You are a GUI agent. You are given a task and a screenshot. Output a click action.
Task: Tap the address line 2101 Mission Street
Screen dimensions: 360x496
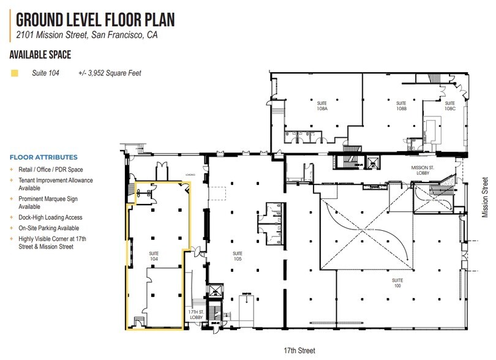coord(87,36)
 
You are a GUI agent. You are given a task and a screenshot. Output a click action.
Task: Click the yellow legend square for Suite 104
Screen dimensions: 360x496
coord(14,73)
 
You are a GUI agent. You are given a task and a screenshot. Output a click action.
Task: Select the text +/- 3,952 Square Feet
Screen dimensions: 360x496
coord(110,73)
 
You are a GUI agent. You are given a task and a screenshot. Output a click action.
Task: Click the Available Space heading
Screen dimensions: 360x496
coord(40,55)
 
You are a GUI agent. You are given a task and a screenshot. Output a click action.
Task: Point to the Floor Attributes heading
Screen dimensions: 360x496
coord(43,157)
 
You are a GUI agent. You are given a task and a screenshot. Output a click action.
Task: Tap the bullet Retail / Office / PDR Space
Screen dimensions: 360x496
coord(50,170)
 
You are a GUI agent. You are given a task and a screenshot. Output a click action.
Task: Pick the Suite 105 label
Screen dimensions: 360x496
coord(237,256)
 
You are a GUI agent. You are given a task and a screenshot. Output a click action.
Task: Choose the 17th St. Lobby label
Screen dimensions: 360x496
coord(196,315)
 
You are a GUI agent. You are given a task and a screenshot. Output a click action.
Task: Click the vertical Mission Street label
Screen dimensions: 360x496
coord(485,196)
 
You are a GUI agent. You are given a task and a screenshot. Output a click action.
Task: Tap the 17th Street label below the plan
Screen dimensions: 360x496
coord(299,350)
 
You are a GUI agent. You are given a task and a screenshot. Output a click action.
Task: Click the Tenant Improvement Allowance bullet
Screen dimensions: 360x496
coord(54,184)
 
